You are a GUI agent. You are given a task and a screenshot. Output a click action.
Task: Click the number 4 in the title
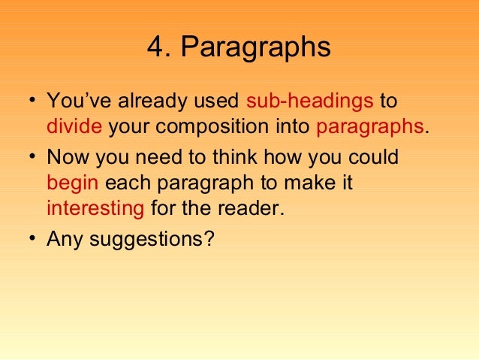tap(156, 47)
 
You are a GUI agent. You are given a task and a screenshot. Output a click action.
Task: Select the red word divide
tap(74, 126)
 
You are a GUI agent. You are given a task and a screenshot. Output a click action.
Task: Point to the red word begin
tap(73, 183)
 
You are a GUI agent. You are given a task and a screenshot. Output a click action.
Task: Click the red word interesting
tap(95, 208)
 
